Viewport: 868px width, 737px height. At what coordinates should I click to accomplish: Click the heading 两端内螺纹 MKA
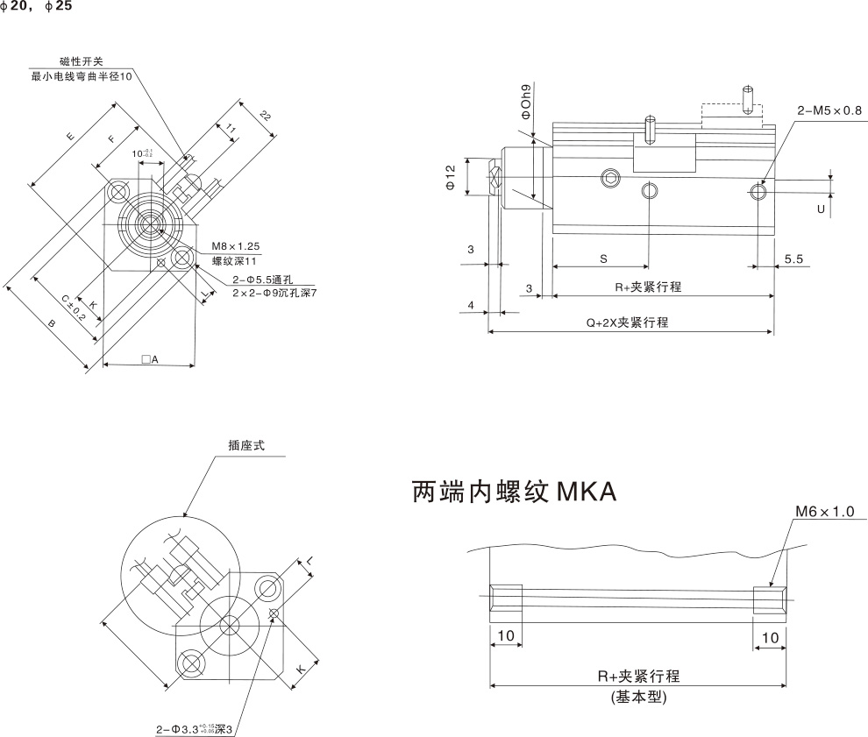pyautogui.click(x=514, y=493)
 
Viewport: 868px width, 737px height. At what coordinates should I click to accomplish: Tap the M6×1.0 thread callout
pyautogui.click(x=824, y=511)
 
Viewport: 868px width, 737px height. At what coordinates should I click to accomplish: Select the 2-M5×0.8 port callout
pyautogui.click(x=829, y=110)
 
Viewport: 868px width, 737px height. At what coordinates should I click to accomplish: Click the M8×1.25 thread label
pyautogui.click(x=235, y=246)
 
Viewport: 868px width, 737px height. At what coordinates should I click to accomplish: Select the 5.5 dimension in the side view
pyautogui.click(x=794, y=259)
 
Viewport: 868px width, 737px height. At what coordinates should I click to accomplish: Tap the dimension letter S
pyautogui.click(x=603, y=259)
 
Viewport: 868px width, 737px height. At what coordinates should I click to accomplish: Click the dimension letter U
pyautogui.click(x=821, y=210)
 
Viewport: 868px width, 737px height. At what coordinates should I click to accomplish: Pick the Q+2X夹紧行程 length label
pyautogui.click(x=627, y=322)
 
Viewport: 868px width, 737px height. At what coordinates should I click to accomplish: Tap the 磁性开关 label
pyautogui.click(x=82, y=61)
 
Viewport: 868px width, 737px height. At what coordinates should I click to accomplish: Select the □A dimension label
pyautogui.click(x=148, y=359)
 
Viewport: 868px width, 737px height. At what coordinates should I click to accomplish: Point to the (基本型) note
pyautogui.click(x=639, y=698)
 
